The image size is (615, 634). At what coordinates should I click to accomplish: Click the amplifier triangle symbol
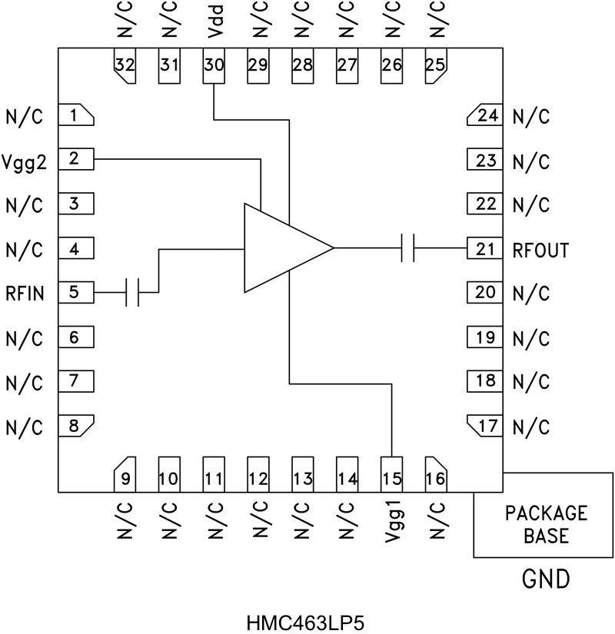tap(281, 248)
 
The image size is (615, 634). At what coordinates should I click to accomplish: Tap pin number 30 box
tap(213, 65)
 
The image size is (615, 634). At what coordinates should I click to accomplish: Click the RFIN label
tap(26, 293)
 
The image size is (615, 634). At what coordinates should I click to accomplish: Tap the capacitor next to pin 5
tap(132, 292)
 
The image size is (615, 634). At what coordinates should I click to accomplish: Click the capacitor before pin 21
tap(407, 248)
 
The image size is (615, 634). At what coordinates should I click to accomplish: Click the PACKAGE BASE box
tap(544, 524)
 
